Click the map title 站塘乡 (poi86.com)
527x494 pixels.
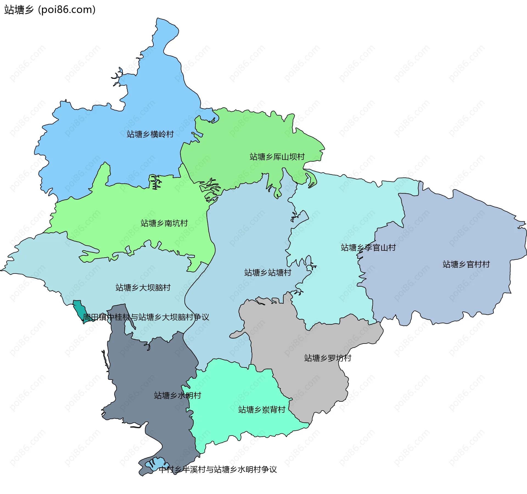(50, 10)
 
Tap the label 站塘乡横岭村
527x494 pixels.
(150, 134)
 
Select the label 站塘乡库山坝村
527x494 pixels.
(277, 157)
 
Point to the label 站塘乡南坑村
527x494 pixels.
(164, 223)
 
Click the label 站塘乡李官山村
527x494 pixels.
(368, 248)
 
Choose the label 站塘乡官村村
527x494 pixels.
(466, 264)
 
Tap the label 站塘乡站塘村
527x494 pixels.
(268, 273)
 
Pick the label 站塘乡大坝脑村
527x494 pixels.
(143, 288)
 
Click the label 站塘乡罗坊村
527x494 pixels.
(327, 358)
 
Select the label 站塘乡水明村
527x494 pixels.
(178, 395)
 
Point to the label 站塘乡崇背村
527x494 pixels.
(262, 410)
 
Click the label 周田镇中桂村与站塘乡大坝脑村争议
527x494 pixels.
(146, 317)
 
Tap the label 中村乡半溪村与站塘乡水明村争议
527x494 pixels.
(218, 470)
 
